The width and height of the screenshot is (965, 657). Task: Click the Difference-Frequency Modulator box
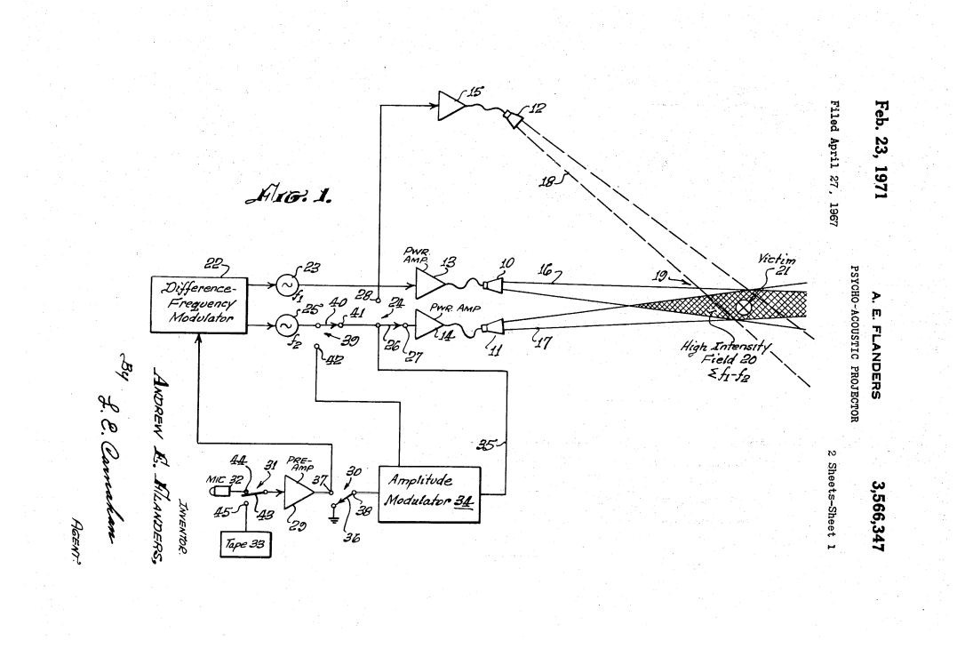(x=198, y=304)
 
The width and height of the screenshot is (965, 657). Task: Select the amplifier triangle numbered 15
(x=451, y=106)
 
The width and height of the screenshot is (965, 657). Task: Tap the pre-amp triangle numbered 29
(x=299, y=492)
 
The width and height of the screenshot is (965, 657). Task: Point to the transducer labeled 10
(x=491, y=284)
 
